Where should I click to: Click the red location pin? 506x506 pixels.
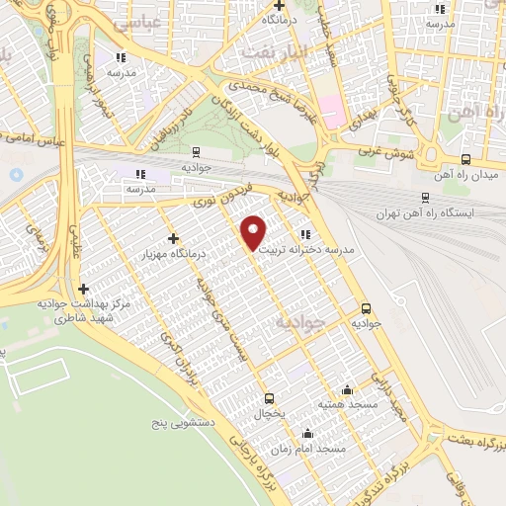tap(254, 232)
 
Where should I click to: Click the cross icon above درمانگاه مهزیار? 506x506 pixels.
tap(174, 238)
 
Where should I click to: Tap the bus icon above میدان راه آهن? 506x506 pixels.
tap(465, 159)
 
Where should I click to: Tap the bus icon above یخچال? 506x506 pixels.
tap(269, 398)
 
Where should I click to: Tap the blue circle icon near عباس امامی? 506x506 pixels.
tap(16, 175)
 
